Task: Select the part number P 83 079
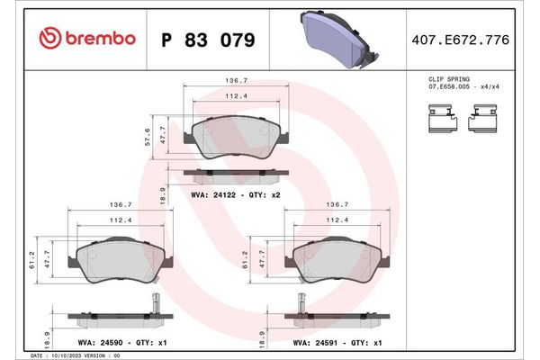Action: (207, 40)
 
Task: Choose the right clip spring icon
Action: (486, 117)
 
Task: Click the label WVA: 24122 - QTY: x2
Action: (229, 193)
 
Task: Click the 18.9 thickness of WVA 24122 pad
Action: (162, 193)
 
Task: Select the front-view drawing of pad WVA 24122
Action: (236, 137)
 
